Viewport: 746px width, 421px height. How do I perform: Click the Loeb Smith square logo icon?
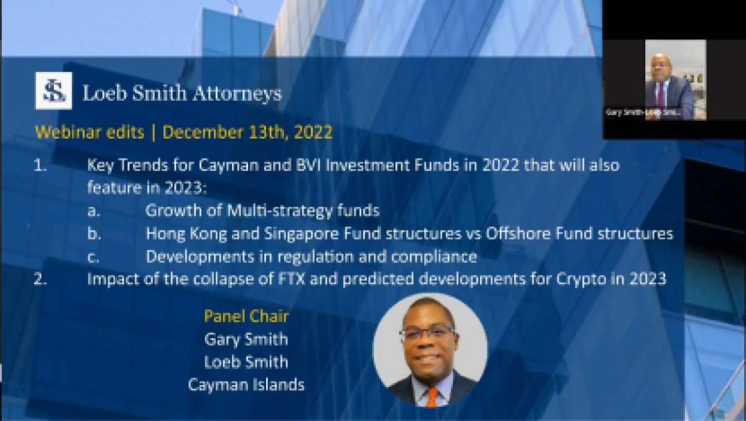tap(53, 91)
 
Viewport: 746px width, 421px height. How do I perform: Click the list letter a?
tap(93, 211)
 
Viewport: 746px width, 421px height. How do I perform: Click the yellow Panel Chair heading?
tap(246, 316)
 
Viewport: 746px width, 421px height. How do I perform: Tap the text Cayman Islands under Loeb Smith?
tap(246, 385)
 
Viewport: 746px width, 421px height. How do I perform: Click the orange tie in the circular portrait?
tap(431, 396)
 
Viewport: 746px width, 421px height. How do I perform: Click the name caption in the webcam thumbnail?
tap(643, 113)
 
